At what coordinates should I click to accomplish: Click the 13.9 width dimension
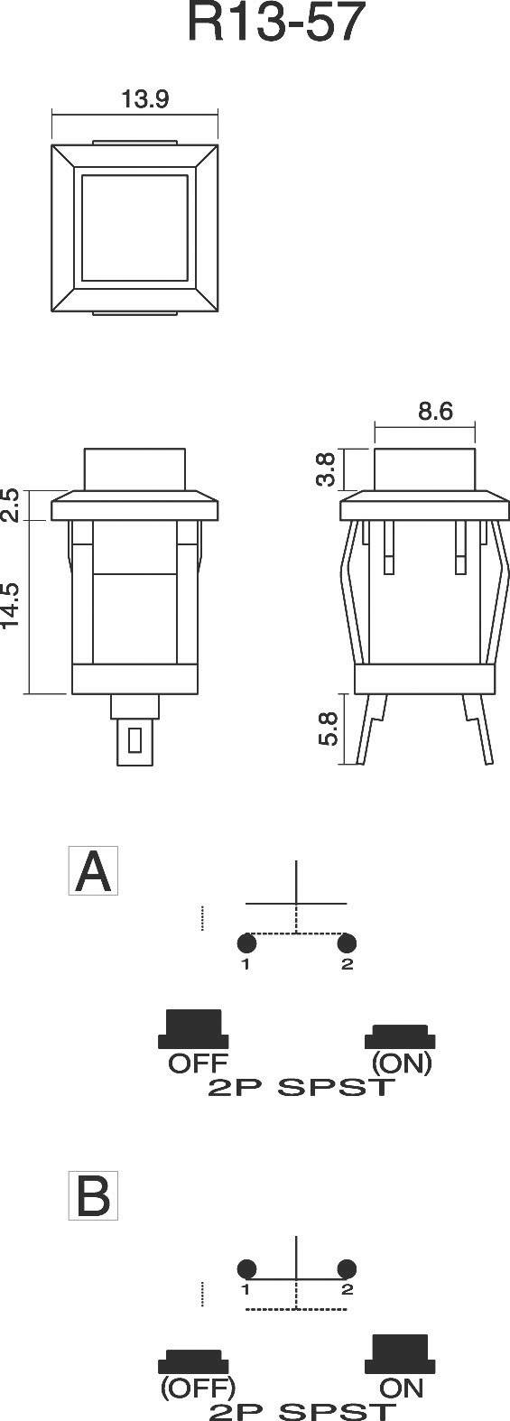144,100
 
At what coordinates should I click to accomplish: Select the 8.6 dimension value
434,412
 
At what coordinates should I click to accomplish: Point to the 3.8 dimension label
327,469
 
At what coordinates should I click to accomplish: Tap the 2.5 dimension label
11,506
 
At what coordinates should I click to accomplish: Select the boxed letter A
94,871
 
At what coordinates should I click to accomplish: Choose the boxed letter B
94,1196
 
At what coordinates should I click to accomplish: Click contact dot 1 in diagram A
246,944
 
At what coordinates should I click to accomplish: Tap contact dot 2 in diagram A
347,944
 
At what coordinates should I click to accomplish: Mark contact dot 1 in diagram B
248,1267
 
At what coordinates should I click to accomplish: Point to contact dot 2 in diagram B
347,1267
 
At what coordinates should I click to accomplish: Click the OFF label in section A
198,1063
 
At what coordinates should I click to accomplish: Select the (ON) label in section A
401,1063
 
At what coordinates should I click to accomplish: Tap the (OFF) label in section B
198,1387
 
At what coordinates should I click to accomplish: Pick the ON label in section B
402,1387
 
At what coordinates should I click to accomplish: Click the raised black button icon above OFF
192,1028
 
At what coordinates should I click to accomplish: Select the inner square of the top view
134,229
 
